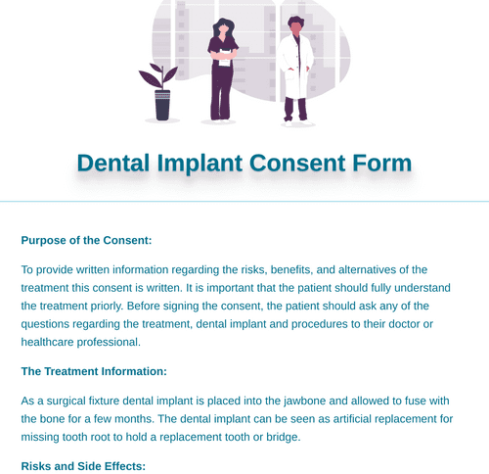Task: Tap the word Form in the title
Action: (380, 163)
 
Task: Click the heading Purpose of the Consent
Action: (86, 239)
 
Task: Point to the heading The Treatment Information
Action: (94, 371)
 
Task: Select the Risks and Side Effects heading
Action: (83, 465)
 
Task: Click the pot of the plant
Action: (162, 105)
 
